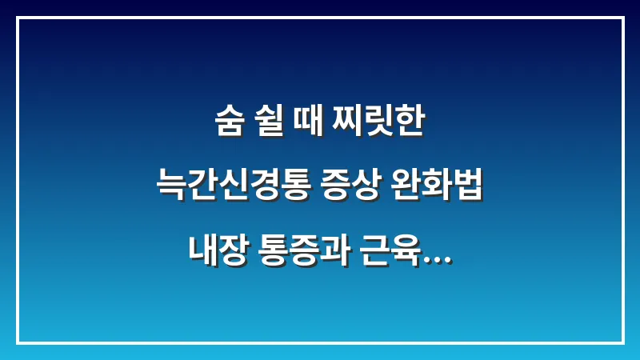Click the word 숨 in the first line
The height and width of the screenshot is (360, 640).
click(x=230, y=127)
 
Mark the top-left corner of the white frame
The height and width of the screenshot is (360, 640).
click(x=18, y=18)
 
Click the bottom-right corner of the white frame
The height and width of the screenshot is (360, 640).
click(x=622, y=342)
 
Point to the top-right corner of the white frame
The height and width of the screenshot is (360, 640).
click(x=622, y=18)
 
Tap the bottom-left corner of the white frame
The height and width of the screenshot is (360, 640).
click(x=18, y=342)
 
